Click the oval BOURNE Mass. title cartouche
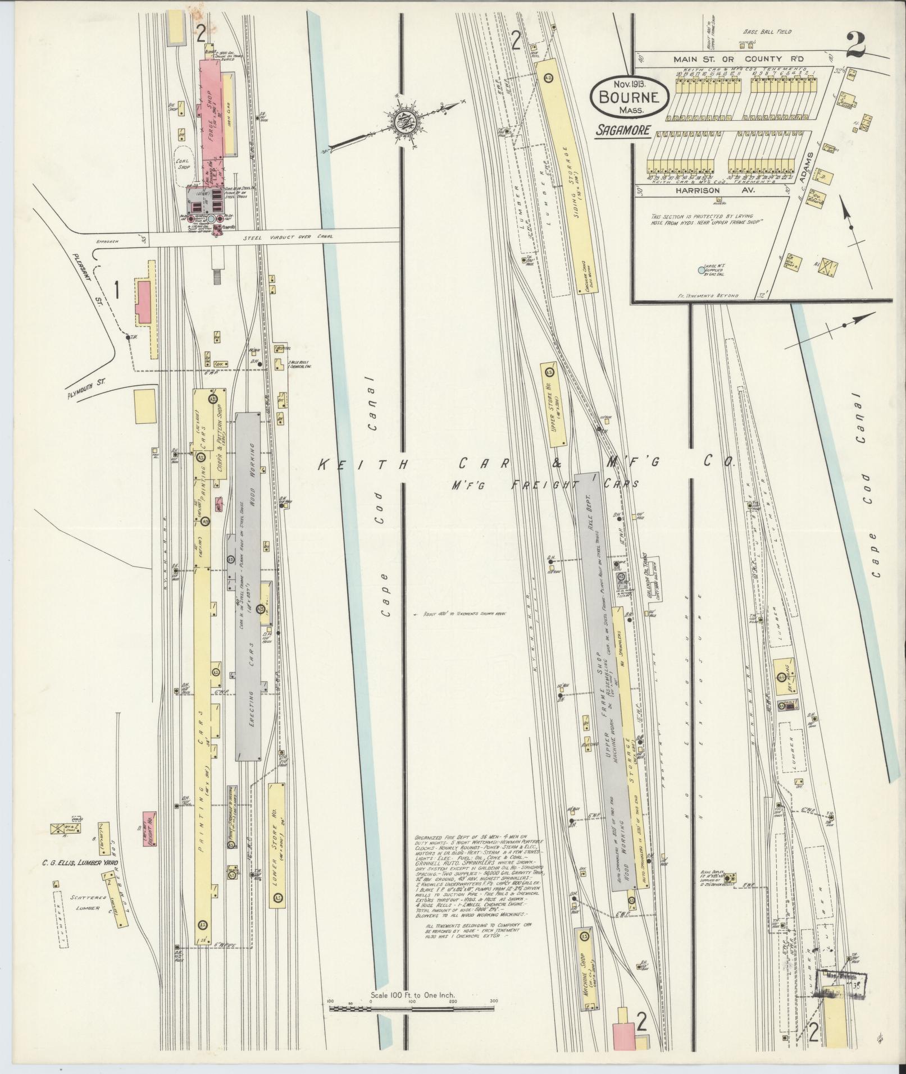pos(629,96)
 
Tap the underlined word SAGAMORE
pos(623,130)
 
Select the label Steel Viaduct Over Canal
pos(288,236)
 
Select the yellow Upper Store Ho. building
pos(554,405)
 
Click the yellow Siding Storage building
pos(566,177)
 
